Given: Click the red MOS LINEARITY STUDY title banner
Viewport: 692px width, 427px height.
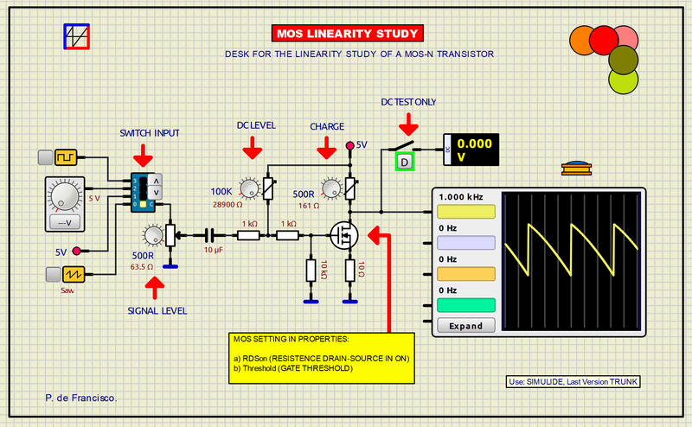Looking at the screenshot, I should (347, 34).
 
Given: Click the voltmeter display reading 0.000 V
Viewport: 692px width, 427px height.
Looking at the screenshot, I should (475, 150).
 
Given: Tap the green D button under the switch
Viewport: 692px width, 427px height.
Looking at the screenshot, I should (405, 162).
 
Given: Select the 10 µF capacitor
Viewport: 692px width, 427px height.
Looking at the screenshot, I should (209, 233).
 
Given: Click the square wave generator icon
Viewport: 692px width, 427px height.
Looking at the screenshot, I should (66, 156).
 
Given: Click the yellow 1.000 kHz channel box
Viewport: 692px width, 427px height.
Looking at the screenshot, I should (466, 213).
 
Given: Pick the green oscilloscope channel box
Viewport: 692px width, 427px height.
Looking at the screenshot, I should (466, 305).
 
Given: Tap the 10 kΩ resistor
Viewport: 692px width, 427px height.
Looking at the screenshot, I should (310, 271).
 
